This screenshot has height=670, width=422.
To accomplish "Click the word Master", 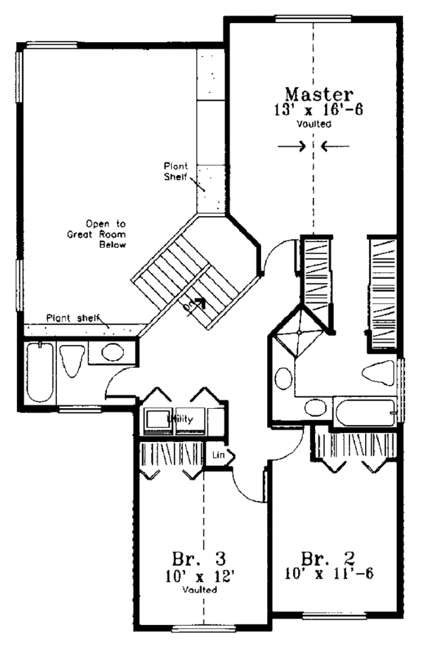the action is tap(319, 94).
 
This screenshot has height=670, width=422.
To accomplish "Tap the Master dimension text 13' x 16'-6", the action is tap(319, 109).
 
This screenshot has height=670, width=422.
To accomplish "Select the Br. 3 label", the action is tap(198, 559).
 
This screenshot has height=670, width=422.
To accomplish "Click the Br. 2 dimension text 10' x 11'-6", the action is tap(329, 573).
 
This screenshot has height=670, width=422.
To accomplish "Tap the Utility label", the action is tap(180, 419).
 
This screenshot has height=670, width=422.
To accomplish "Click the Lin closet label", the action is tap(218, 455).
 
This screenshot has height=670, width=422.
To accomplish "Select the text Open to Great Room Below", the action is tap(96, 234).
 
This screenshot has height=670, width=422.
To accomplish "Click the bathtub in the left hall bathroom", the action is tap(40, 372).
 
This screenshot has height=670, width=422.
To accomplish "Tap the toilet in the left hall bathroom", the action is tap(71, 360).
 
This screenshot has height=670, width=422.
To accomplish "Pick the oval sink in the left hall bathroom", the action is tap(113, 353).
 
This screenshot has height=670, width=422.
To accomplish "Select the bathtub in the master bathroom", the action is tap(366, 412).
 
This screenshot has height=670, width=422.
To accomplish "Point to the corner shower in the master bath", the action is tap(299, 332).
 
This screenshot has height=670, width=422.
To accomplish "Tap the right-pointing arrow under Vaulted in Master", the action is tap(292, 146).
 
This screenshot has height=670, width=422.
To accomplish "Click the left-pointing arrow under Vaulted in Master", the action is tap(335, 146).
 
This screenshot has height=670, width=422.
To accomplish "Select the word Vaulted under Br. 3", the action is tap(200, 590).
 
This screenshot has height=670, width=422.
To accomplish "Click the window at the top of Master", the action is tap(313, 18).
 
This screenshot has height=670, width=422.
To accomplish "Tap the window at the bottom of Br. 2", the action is tap(335, 616).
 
